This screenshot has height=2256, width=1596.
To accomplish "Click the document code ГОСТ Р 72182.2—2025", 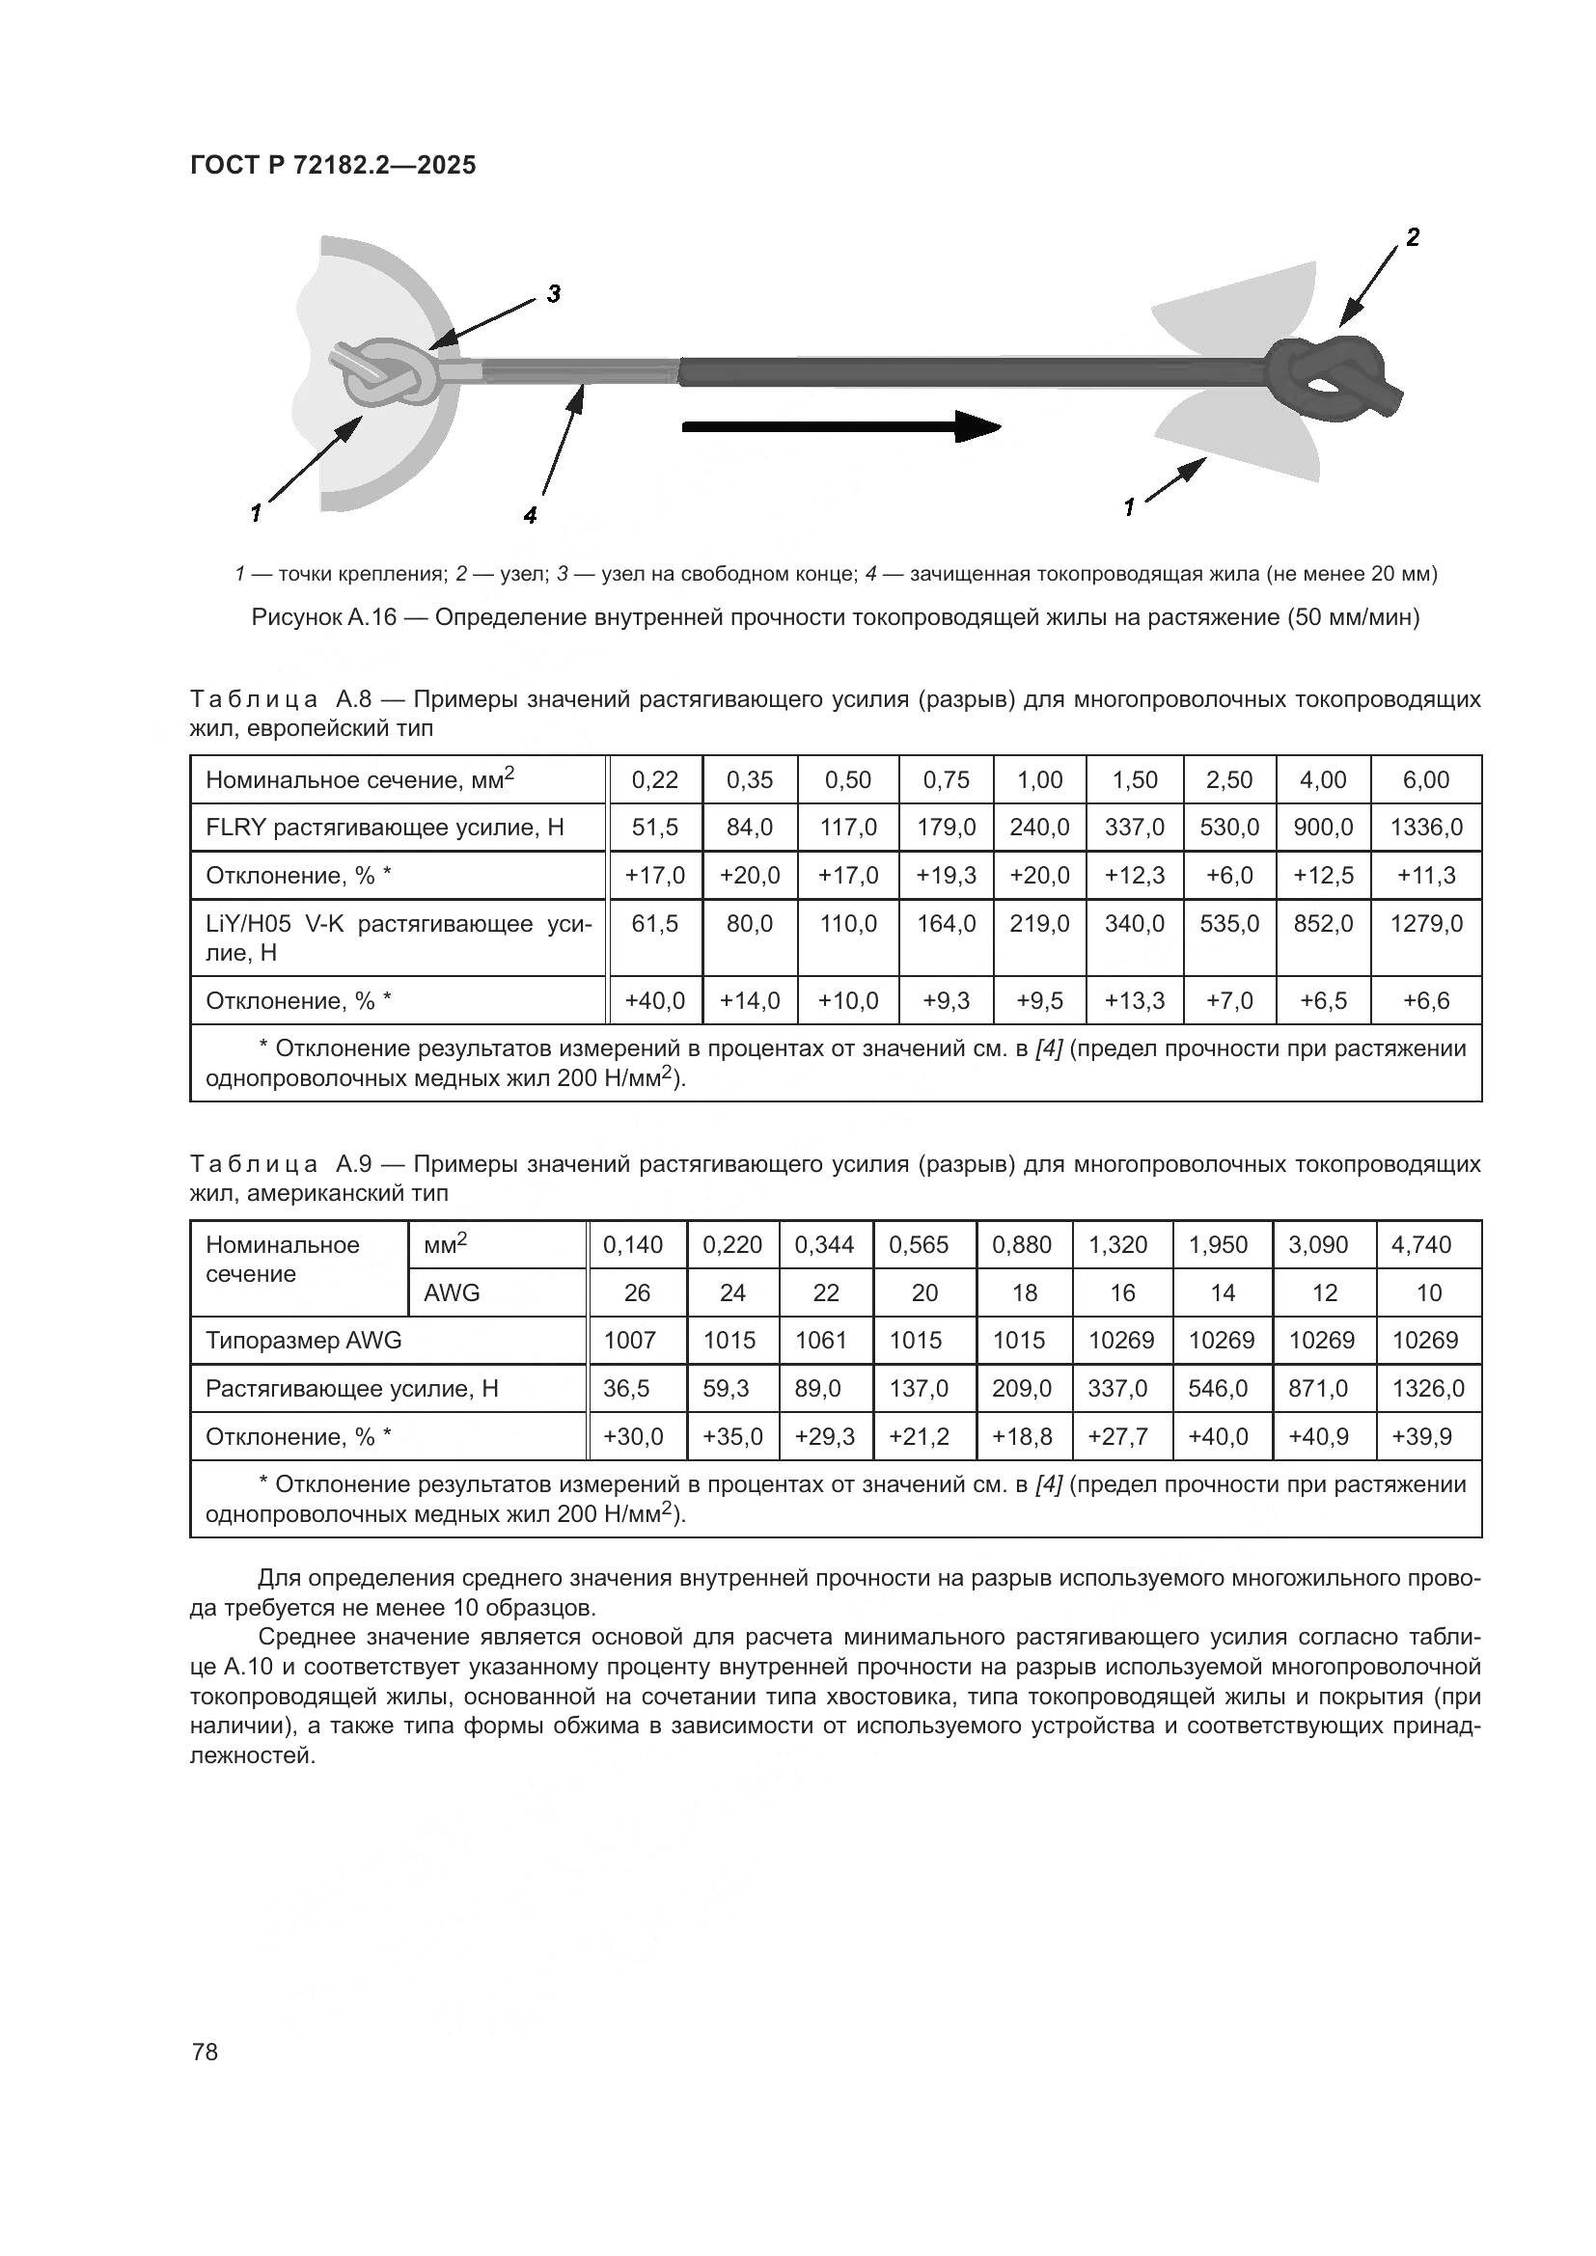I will [x=332, y=165].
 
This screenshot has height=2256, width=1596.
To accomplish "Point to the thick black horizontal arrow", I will [x=840, y=426].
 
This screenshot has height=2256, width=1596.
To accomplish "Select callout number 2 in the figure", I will [x=1413, y=237].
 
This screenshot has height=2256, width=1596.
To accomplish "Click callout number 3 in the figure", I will [x=553, y=294].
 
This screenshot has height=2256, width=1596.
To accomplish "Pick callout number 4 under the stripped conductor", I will [x=530, y=515].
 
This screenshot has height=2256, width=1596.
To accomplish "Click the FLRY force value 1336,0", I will [x=1425, y=828].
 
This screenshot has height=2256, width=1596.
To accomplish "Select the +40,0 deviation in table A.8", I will [x=654, y=1000].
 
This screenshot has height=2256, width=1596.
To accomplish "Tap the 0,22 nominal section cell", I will [x=654, y=780].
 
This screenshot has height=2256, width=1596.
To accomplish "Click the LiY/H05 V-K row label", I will [x=398, y=938].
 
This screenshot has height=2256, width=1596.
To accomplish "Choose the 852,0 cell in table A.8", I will [x=1323, y=924].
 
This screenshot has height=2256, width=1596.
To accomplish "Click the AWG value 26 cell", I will [x=637, y=1292].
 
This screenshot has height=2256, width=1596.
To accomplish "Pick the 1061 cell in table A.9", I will [x=820, y=1341].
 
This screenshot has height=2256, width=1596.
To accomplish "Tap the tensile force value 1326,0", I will [x=1427, y=1388].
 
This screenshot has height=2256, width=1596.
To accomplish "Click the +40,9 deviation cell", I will [x=1323, y=1436].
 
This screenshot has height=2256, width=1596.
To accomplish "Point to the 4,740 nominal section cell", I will [x=1427, y=1245].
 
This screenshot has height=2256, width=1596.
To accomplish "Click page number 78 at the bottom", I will [x=206, y=2051].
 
